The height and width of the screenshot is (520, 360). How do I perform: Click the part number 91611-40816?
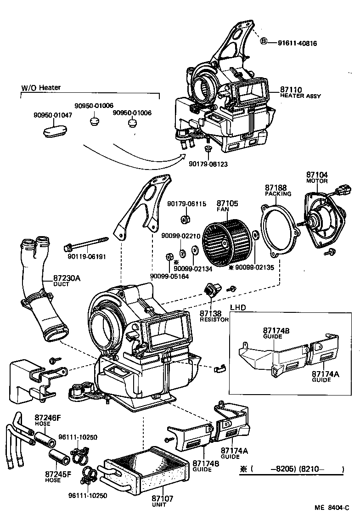297,43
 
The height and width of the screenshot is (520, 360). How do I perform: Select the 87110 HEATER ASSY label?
300,93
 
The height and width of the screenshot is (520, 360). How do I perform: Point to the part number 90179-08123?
208,164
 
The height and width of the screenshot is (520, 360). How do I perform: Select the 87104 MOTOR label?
317,177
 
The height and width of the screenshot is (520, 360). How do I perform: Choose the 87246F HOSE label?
47,420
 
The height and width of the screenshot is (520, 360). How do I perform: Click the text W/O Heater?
41,87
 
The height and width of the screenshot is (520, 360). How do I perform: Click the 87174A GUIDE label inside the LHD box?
325,376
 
